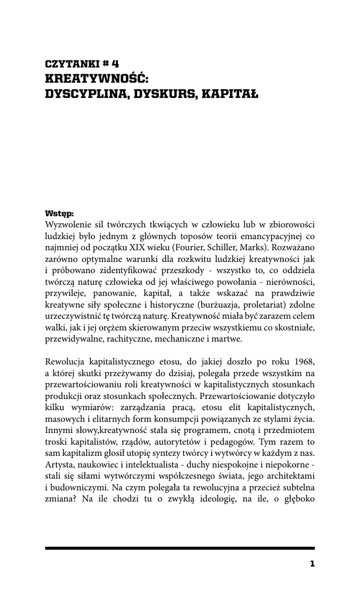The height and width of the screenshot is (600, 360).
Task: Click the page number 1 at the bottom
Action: (312, 564)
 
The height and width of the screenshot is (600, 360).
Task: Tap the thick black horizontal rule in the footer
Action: (179, 547)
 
